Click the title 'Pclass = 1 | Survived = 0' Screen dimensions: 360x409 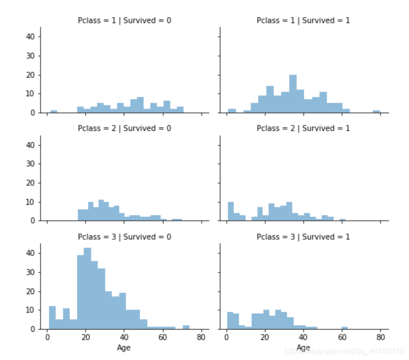(125, 20)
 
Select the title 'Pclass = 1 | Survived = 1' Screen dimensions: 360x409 (303, 20)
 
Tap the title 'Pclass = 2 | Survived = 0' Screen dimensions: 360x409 (125, 129)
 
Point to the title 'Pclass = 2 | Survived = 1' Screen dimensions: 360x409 (303, 129)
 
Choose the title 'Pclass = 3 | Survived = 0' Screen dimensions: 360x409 (125, 237)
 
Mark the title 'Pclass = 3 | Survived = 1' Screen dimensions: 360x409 (303, 237)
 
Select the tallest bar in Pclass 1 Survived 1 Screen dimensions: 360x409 (293, 94)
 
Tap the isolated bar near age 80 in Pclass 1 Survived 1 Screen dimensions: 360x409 (376, 111)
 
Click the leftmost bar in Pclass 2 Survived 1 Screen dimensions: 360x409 (231, 211)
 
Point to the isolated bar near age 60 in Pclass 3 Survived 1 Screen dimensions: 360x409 (344, 327)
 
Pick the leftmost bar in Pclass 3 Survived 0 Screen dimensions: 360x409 (52, 318)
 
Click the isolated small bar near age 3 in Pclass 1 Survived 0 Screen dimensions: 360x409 (54, 111)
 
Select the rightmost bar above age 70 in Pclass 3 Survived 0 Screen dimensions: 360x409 (186, 327)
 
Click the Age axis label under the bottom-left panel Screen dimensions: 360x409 (124, 348)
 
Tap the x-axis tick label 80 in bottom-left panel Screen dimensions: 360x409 (201, 338)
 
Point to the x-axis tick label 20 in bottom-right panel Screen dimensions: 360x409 (265, 338)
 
